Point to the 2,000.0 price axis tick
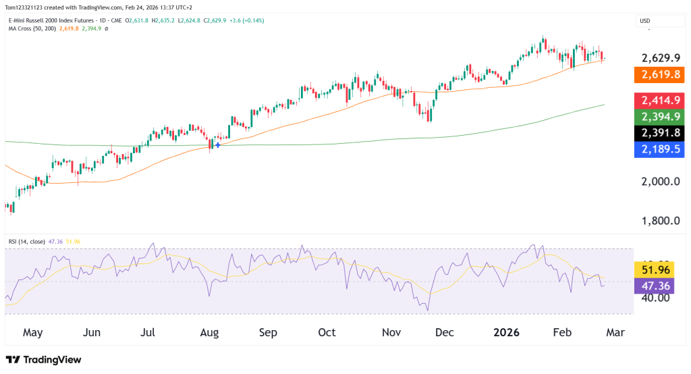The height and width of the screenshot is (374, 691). pos(661,182)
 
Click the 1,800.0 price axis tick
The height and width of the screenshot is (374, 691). pos(661,221)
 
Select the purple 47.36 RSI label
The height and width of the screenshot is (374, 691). pos(655,286)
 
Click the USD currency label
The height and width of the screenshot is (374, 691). pos(646,21)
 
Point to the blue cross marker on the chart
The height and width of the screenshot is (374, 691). pos(217,145)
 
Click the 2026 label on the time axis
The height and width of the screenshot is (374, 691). pos(506,333)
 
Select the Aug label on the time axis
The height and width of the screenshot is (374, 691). pos(209,333)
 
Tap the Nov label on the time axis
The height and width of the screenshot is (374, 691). pos(391,333)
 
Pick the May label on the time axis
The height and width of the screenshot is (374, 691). pos(32,333)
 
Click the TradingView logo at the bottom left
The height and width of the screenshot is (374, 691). pos(43,360)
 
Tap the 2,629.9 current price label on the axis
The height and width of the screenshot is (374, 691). pos(661,57)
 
